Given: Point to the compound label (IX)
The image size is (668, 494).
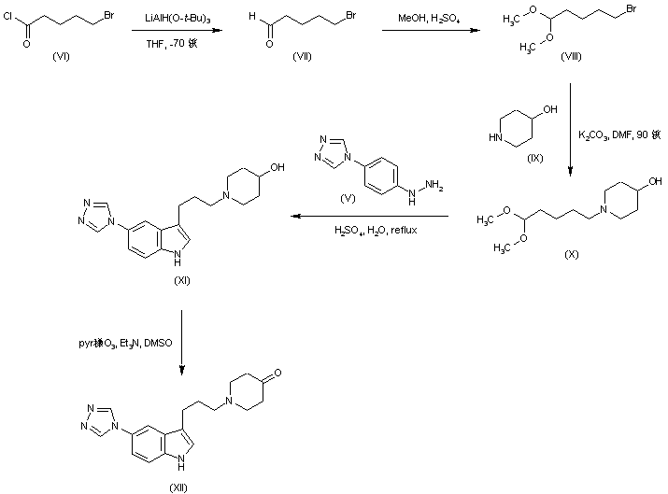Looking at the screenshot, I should coord(536,159).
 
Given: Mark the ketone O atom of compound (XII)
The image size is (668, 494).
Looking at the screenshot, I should coord(270,375).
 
